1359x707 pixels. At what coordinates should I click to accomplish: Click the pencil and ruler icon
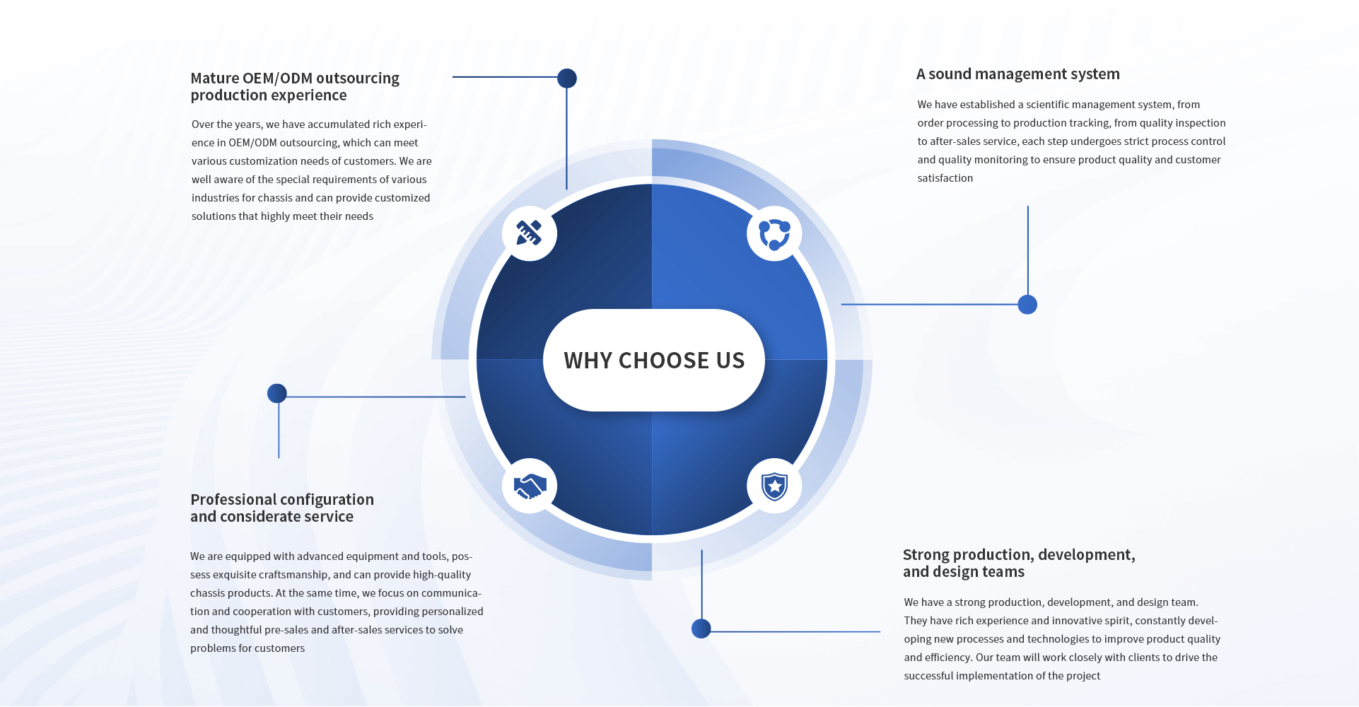(529, 233)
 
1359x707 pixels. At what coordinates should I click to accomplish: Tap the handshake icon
(530, 486)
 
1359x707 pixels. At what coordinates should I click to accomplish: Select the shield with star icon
(774, 486)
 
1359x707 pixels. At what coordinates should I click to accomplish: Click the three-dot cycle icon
(774, 234)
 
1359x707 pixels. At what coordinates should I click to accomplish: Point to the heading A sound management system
(1018, 74)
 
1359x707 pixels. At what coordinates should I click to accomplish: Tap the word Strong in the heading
(924, 555)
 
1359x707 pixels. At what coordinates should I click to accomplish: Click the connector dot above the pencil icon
(567, 78)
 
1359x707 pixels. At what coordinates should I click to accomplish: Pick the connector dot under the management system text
(1027, 305)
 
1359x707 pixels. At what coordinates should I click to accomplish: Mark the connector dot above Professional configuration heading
(277, 393)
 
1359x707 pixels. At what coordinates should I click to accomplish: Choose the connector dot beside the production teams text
(701, 629)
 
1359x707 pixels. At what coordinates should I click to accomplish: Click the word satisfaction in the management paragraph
(945, 178)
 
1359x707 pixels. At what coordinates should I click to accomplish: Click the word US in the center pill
(730, 361)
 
